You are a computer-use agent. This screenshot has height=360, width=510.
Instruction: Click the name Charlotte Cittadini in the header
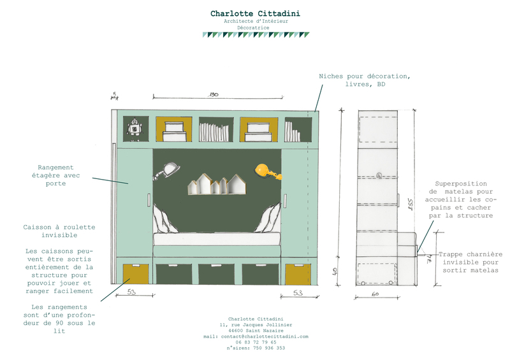(255, 13)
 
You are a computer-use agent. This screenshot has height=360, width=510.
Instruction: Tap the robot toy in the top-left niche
(135, 128)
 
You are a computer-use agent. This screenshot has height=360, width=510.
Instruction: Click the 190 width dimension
(214, 95)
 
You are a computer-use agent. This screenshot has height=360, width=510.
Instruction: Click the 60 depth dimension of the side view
(375, 294)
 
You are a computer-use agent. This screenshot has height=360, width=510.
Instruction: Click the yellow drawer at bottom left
(136, 273)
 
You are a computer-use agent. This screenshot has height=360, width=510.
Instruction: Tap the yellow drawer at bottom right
(296, 273)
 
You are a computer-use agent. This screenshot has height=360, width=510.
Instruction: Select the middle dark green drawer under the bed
(217, 273)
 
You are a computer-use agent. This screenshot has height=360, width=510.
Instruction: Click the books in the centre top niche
(214, 131)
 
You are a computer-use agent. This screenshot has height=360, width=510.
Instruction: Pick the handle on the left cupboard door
(149, 199)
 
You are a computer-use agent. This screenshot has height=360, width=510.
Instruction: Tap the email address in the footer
(255, 336)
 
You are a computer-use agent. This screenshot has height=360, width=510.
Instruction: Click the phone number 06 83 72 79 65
(255, 342)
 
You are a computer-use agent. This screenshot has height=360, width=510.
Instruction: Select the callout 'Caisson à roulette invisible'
(59, 231)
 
